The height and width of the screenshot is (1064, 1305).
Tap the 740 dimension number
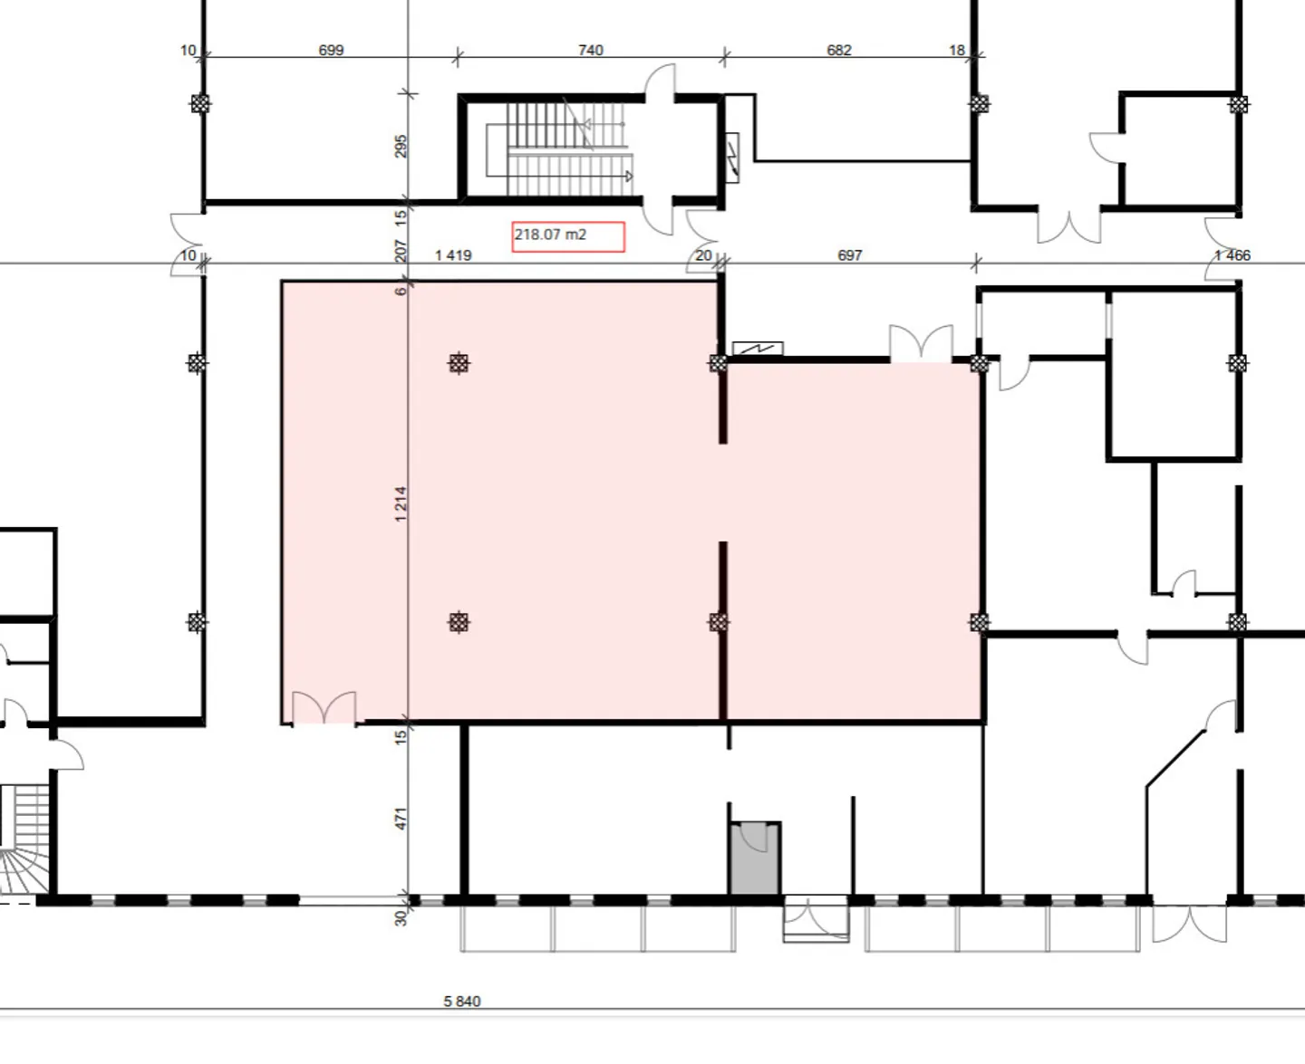click(x=590, y=51)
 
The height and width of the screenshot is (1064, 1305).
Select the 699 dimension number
click(x=331, y=51)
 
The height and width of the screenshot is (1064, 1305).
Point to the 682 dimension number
click(x=839, y=51)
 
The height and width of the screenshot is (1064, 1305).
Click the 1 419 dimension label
click(x=453, y=255)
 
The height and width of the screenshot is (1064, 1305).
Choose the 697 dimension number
click(x=850, y=255)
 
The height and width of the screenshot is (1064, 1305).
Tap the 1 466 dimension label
click(x=1232, y=255)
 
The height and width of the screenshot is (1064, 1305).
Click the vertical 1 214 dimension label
click(x=401, y=503)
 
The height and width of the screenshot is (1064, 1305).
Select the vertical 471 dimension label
click(x=401, y=819)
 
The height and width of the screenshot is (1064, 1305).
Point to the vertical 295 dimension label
click(x=401, y=146)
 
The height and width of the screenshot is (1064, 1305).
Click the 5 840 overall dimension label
click(x=462, y=1002)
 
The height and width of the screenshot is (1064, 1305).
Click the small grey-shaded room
click(x=755, y=859)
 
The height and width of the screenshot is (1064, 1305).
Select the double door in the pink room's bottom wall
click(x=324, y=708)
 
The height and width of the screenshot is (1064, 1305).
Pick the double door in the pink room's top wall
click(x=922, y=344)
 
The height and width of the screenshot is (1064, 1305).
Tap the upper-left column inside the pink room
click(x=459, y=363)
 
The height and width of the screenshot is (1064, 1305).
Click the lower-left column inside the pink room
click(x=459, y=622)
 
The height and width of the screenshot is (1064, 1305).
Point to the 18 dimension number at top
click(x=957, y=51)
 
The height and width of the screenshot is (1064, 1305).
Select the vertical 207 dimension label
click(x=401, y=251)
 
